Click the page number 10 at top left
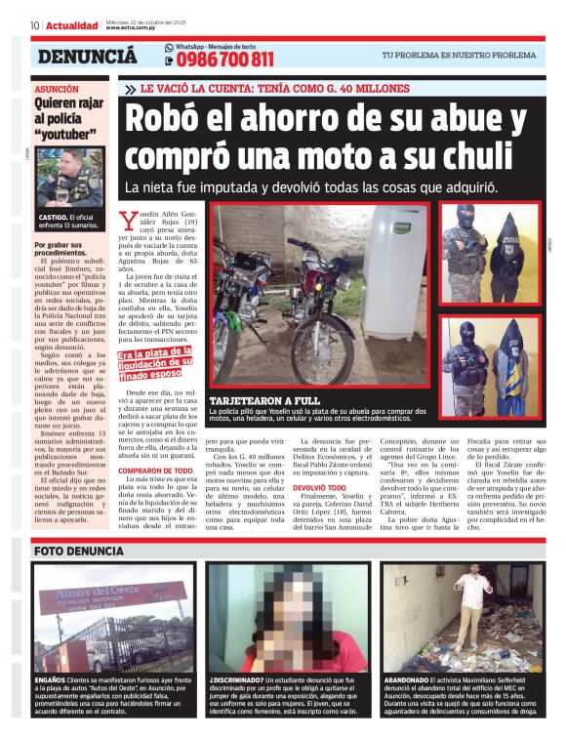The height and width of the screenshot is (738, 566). coord(34,25)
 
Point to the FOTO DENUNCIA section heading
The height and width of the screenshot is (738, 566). coord(79,552)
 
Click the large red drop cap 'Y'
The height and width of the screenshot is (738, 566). coord(125,221)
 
